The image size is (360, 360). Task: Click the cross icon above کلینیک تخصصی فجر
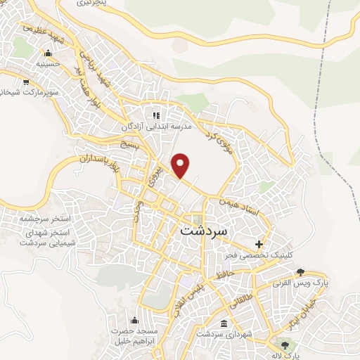pyautogui.click(x=259, y=245)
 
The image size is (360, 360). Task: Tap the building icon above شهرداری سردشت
pyautogui.click(x=224, y=323)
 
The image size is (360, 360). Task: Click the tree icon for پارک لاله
pyautogui.click(x=285, y=345)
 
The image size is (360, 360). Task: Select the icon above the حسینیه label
pyautogui.click(x=48, y=53)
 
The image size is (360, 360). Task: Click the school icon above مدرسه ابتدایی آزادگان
pyautogui.click(x=156, y=115)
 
